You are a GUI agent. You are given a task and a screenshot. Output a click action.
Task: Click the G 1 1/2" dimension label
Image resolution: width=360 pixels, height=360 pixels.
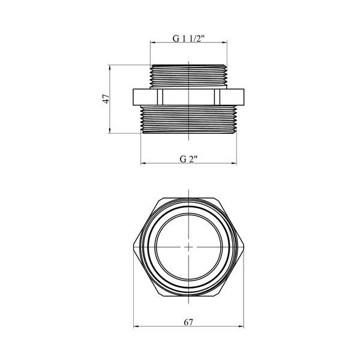(188, 38)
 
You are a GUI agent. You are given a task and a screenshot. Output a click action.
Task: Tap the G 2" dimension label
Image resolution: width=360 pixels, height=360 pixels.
(188, 159)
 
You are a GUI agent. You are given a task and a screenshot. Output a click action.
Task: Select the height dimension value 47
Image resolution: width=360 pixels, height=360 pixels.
(106, 99)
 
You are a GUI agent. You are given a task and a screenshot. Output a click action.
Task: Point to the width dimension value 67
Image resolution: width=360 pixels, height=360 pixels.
(188, 322)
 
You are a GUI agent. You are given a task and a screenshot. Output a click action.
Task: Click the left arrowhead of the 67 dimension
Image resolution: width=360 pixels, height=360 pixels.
(136, 326)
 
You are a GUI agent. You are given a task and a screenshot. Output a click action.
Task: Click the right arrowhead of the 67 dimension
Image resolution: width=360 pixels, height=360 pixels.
(241, 326)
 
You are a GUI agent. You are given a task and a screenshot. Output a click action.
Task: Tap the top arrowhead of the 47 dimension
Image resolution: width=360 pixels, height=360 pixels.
(110, 68)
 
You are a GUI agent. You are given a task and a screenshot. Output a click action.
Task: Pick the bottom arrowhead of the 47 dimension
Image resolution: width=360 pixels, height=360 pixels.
(110, 130)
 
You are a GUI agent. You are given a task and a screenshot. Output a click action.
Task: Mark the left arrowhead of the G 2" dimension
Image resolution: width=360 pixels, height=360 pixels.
(143, 163)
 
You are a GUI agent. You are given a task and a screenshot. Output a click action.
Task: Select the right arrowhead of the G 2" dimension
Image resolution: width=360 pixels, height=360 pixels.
(234, 163)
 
